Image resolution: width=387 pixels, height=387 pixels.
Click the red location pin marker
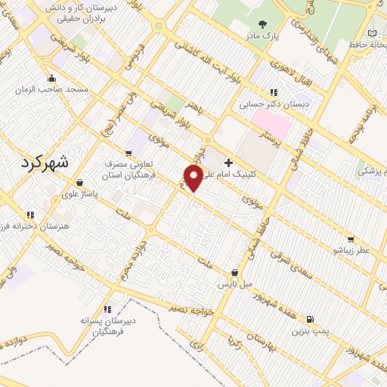coord(193,177)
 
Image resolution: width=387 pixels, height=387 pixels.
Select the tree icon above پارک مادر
coord(262,24)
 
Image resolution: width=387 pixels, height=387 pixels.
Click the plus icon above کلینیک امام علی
coord(228,162)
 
